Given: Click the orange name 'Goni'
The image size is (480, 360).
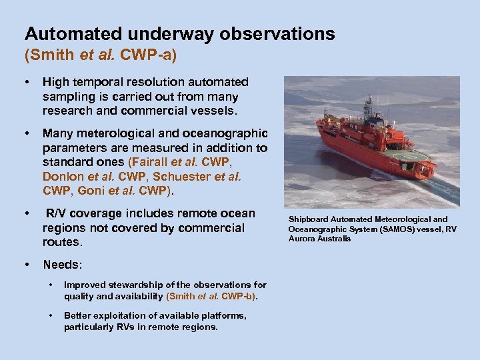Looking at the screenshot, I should [92, 191].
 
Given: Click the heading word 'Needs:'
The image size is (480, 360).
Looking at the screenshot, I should [62, 265].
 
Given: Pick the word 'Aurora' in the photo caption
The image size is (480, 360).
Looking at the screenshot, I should [304, 239].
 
